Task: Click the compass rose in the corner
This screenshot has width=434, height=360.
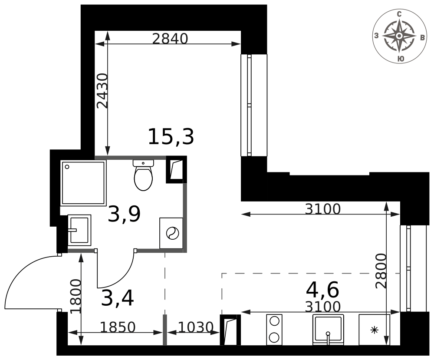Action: [x=399, y=36]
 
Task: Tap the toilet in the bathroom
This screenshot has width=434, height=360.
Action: [x=143, y=175]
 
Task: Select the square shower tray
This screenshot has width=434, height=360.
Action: [x=83, y=183]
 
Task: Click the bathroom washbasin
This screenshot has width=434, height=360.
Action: [x=79, y=230]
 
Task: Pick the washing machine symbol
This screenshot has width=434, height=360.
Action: [x=171, y=233]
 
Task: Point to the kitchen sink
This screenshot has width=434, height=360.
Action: [x=328, y=330]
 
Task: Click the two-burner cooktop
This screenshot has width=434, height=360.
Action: [x=274, y=330]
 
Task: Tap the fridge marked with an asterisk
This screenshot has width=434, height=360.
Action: [x=374, y=330]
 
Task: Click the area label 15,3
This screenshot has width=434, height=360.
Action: [x=171, y=136]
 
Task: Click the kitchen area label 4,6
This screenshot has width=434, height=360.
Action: [x=322, y=290]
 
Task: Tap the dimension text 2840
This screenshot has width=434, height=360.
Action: [x=170, y=39]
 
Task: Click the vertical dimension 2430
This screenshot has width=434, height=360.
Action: [x=102, y=91]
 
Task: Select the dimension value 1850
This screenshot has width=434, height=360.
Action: [x=118, y=327]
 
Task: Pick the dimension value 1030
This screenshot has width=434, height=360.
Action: [x=195, y=327]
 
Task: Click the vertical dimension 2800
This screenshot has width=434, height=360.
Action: [x=381, y=271]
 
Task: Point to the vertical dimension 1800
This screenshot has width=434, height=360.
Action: [x=76, y=296]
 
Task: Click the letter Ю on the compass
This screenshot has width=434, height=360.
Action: [x=400, y=59]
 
